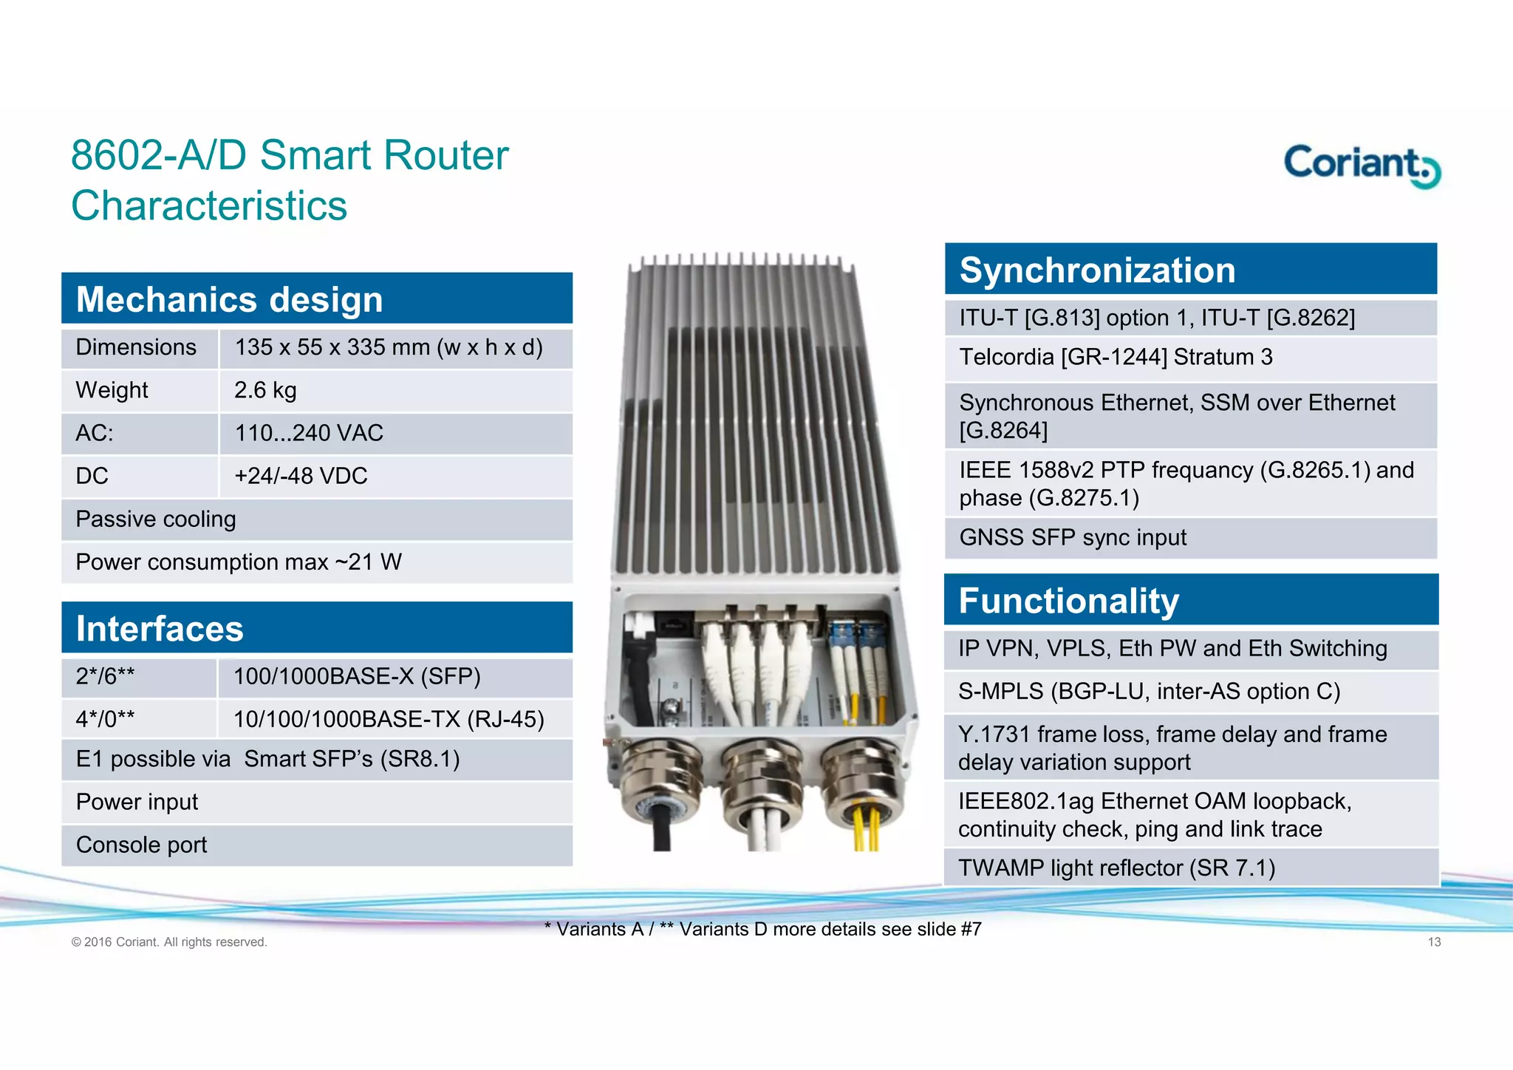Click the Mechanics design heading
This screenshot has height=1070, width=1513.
tap(230, 299)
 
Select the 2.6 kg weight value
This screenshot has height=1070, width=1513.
tap(265, 390)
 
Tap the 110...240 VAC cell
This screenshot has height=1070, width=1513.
tap(309, 433)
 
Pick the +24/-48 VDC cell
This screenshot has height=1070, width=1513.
tap(301, 476)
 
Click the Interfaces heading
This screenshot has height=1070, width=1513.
tap(160, 629)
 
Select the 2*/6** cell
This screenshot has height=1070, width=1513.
tap(105, 676)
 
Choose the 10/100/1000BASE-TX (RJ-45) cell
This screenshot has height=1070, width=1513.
tap(389, 719)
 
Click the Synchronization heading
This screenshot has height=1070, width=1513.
tap(1097, 270)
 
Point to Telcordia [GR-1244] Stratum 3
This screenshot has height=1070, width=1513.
tap(1116, 358)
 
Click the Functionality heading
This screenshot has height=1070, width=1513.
tap(1068, 600)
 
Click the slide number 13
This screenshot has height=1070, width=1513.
tap(1434, 941)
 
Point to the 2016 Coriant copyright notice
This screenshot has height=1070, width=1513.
tap(169, 942)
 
